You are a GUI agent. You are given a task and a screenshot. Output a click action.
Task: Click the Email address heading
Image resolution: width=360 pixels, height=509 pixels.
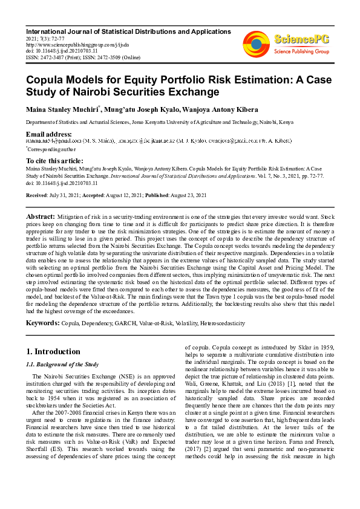(x=48, y=133)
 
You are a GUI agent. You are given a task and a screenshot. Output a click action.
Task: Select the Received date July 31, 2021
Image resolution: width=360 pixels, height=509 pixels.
(x=66, y=196)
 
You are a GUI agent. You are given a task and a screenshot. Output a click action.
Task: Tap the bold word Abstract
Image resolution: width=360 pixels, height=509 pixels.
(x=41, y=216)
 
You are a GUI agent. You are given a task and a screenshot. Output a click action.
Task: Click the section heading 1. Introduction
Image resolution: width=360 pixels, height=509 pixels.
(x=54, y=351)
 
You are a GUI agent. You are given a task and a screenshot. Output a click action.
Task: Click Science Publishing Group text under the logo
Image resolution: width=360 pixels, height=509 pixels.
(x=302, y=52)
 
